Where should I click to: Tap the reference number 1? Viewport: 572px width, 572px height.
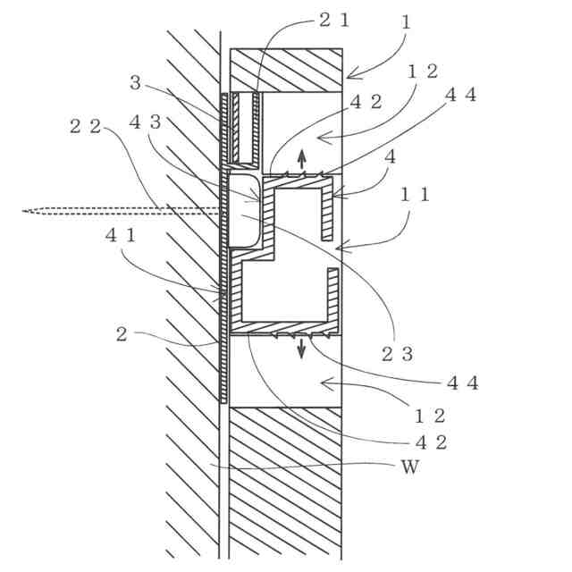(x=408, y=21)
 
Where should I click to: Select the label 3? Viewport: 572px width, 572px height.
(x=135, y=82)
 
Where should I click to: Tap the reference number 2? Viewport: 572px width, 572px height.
(x=122, y=335)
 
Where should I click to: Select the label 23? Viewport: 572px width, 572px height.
(x=396, y=353)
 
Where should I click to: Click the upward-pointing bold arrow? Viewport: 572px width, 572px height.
(x=302, y=158)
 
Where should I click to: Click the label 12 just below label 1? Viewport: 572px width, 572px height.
(x=423, y=71)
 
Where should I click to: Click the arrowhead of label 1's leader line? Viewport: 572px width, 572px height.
(x=349, y=75)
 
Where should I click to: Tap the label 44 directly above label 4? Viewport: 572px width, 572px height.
(x=462, y=97)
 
